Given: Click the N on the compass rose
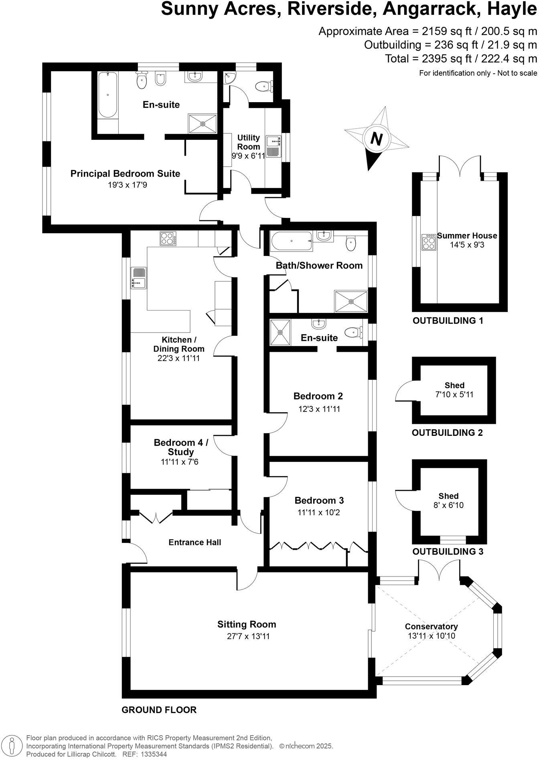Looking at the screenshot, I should (376, 139).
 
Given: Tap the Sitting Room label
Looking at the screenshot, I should (247, 624).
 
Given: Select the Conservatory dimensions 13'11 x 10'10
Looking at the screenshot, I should (431, 636).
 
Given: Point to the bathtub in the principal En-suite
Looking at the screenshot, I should (107, 95).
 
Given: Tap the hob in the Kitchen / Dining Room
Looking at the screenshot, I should (168, 239).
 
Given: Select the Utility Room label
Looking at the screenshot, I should (249, 142).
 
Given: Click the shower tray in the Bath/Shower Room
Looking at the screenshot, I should (351, 301).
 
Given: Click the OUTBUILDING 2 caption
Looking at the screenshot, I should (447, 433).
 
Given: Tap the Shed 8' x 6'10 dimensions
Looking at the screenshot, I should (448, 505).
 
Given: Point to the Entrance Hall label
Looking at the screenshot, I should (195, 542).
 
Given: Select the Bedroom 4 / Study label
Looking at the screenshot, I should (181, 447).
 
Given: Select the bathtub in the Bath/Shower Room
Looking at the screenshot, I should (292, 242).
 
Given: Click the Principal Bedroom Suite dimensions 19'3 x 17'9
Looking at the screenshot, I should (125, 185).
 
